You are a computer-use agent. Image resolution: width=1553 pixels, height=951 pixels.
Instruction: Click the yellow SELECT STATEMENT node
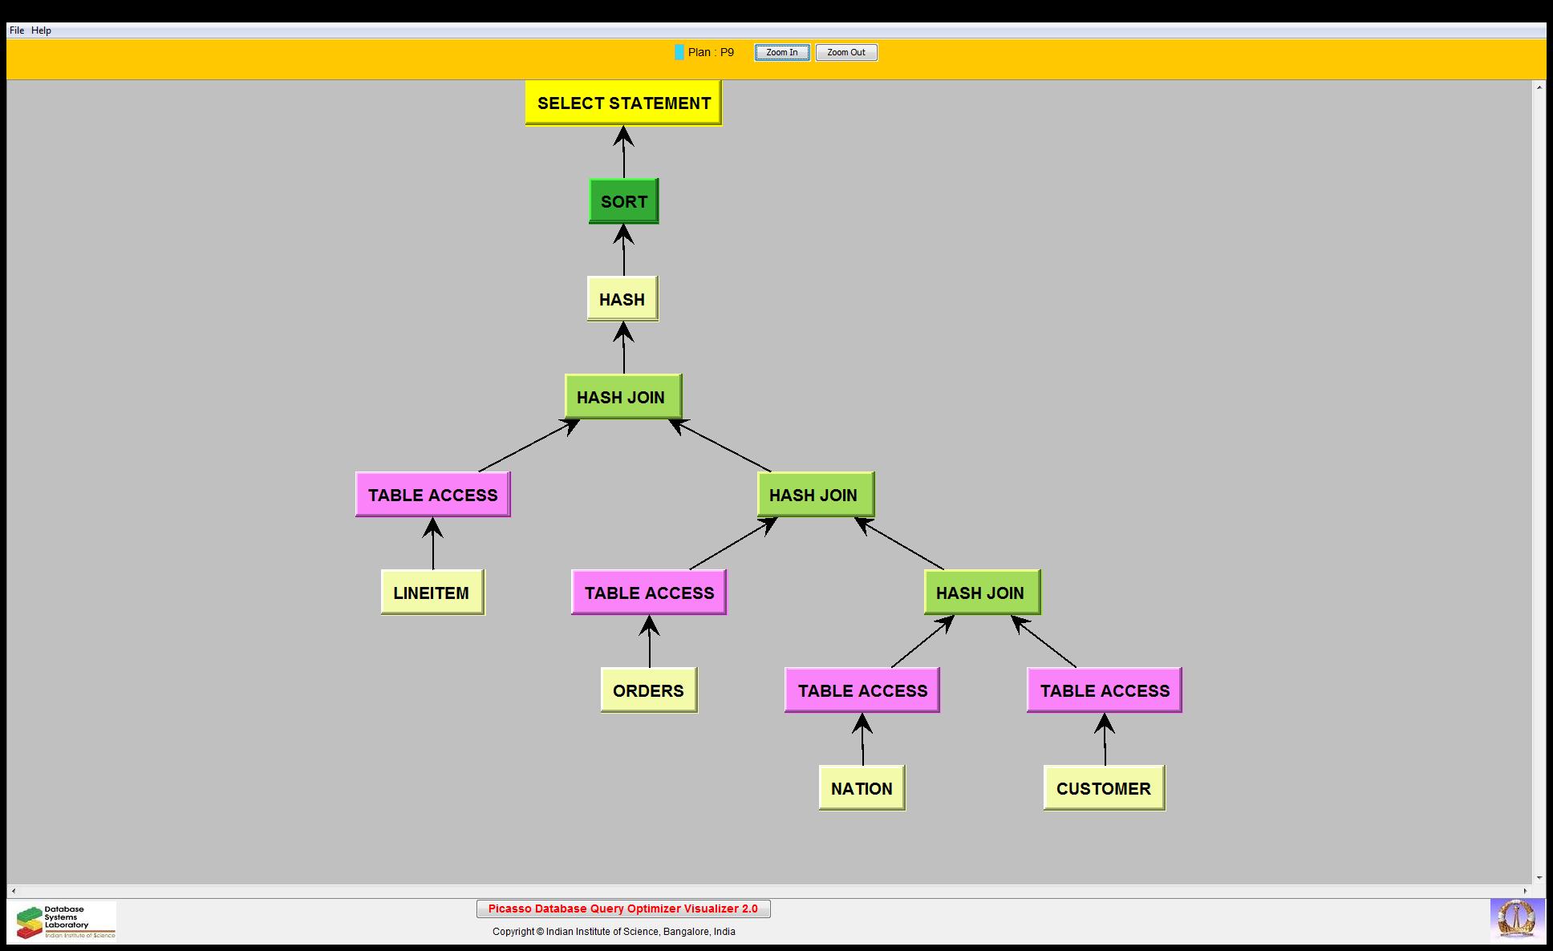click(x=623, y=103)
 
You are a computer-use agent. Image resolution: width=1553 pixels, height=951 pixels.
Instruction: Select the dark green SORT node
click(x=623, y=201)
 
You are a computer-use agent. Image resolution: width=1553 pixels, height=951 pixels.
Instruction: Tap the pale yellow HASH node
click(x=622, y=299)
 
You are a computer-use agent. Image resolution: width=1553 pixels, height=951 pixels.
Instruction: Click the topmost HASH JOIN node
click(x=622, y=397)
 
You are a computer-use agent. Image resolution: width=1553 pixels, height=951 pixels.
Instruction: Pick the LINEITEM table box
click(x=432, y=593)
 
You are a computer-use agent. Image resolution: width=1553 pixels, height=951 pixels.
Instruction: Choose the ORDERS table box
click(x=648, y=690)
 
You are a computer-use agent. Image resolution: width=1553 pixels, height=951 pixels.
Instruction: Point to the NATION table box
click(x=862, y=788)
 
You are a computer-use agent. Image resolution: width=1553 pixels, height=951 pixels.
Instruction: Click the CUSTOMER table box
click(x=1104, y=788)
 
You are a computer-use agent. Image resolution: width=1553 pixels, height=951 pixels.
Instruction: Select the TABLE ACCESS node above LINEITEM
click(x=432, y=495)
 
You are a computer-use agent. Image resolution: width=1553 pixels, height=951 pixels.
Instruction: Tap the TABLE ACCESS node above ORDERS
click(x=649, y=593)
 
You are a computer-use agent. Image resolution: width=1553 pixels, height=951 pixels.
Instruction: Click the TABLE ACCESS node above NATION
click(x=862, y=690)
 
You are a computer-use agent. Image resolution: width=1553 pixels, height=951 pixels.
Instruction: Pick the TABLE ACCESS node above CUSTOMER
click(x=1105, y=690)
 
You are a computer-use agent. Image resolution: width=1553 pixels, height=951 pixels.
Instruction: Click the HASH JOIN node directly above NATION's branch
click(x=981, y=593)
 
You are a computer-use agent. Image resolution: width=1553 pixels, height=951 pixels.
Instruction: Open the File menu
click(x=17, y=30)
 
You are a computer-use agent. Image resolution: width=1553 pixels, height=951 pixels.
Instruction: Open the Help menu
click(x=41, y=30)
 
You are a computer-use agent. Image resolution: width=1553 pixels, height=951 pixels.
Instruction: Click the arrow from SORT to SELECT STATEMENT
click(x=623, y=152)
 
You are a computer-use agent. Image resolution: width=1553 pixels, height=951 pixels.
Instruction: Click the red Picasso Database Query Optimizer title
click(x=623, y=909)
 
